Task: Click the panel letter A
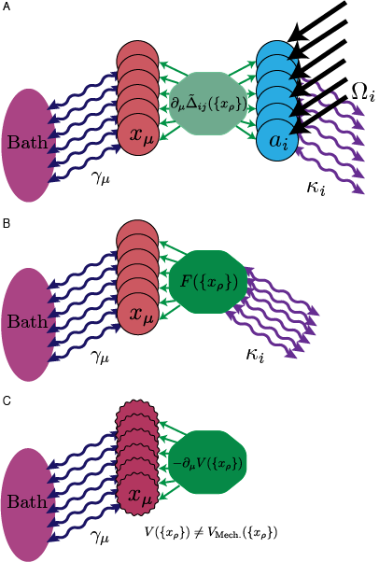(x=7, y=7)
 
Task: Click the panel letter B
(x=7, y=225)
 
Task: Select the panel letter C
(x=7, y=400)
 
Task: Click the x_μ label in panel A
(x=141, y=137)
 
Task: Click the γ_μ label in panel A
(x=100, y=174)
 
